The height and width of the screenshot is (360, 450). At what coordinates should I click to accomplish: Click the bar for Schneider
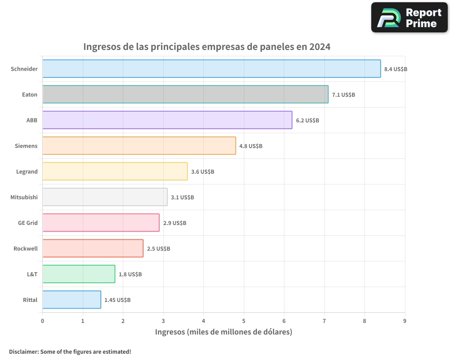click(211, 69)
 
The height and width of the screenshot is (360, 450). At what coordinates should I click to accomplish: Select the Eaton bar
click(185, 94)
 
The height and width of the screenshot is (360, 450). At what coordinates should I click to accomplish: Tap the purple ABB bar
click(167, 120)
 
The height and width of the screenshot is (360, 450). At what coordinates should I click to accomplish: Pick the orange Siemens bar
click(139, 146)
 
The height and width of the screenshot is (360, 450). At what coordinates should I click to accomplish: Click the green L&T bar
click(79, 274)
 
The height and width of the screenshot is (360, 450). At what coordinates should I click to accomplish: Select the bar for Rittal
click(72, 300)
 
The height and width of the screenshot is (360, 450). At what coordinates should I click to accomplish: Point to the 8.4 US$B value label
click(396, 69)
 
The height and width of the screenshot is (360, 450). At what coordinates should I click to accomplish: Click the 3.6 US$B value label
click(202, 172)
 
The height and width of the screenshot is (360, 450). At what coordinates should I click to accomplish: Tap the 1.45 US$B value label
click(117, 300)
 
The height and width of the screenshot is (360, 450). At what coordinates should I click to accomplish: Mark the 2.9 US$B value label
click(175, 223)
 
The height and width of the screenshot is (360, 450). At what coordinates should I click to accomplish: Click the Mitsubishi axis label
click(24, 197)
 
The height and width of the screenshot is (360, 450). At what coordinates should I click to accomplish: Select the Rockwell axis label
click(26, 248)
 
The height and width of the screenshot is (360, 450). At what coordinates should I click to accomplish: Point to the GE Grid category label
click(27, 223)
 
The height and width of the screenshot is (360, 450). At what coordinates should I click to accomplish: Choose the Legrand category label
click(27, 171)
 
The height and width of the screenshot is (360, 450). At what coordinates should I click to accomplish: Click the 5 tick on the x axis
click(244, 321)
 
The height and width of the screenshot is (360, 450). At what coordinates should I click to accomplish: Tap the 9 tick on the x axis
click(405, 321)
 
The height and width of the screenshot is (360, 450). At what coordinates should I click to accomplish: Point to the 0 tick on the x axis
click(43, 321)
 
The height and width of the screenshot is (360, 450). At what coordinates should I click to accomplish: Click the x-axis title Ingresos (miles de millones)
click(224, 332)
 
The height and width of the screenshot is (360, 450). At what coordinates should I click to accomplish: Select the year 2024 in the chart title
click(319, 47)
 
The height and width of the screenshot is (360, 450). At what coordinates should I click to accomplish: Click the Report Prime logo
click(409, 18)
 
